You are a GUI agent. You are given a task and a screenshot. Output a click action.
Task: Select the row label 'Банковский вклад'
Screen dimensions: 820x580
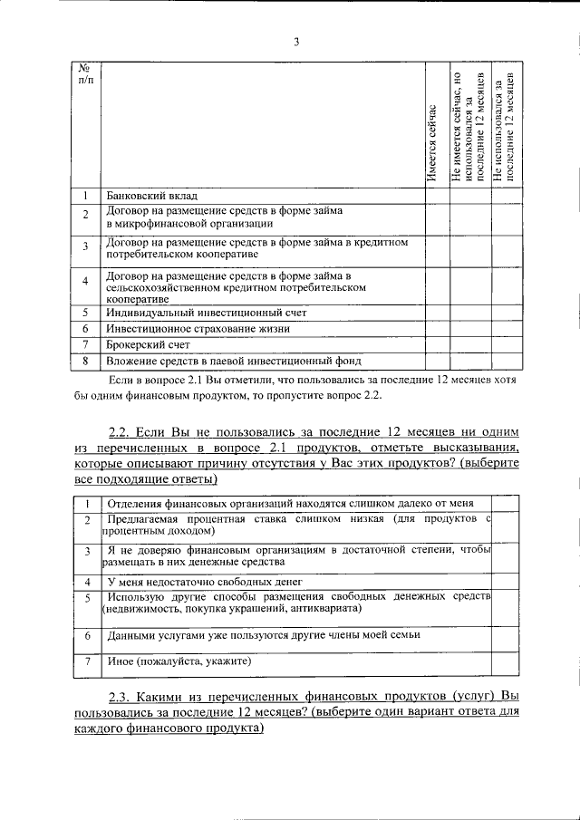[151, 196]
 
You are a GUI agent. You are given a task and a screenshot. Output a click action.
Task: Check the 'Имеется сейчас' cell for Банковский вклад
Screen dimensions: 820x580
[436, 196]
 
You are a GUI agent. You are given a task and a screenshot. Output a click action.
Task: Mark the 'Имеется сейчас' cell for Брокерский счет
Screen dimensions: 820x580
[436, 344]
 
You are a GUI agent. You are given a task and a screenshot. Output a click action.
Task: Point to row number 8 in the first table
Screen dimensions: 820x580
[84, 362]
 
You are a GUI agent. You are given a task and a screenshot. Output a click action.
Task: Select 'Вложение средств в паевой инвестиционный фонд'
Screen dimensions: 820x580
[234, 362]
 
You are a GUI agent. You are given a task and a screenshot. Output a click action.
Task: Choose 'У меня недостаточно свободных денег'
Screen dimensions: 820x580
[204, 581]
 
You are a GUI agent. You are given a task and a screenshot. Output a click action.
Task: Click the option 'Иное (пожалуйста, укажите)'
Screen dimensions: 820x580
[179, 661]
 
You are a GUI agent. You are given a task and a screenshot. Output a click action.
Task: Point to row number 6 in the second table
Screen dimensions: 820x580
[87, 636]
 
